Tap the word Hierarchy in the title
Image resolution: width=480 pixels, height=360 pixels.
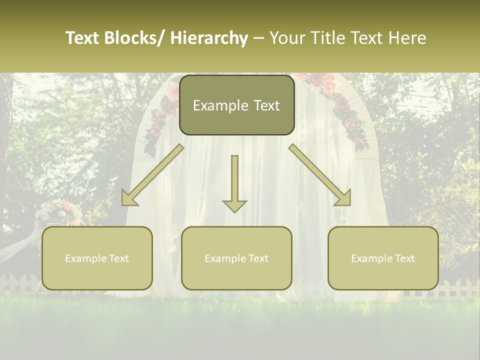pyautogui.click(x=209, y=38)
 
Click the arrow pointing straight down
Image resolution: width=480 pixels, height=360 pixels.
pyautogui.click(x=234, y=180)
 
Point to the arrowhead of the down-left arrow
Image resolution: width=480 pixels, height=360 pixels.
pyautogui.click(x=129, y=198)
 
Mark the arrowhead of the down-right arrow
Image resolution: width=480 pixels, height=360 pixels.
pyautogui.click(x=343, y=198)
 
